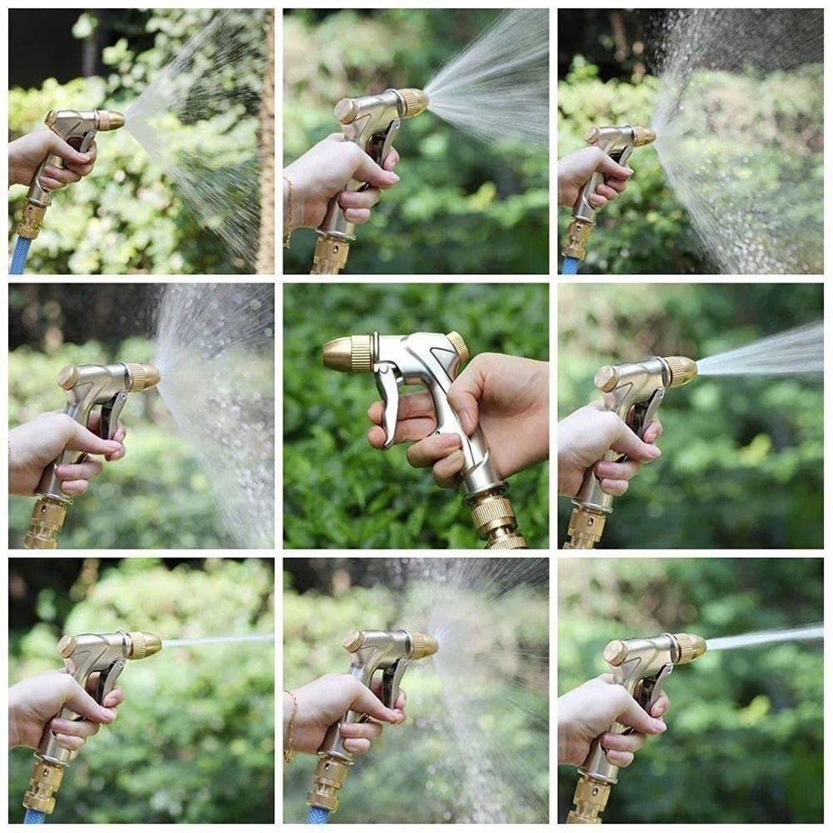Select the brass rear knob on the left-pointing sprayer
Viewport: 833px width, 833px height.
pyautogui.click(x=457, y=344)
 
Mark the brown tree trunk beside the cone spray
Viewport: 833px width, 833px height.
pyautogui.click(x=266, y=142)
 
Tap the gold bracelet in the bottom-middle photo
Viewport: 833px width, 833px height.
pyautogui.click(x=291, y=725)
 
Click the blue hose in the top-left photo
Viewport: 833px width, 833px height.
pyautogui.click(x=18, y=255)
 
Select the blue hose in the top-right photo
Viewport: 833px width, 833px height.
pyautogui.click(x=570, y=266)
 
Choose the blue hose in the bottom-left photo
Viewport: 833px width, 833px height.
pyautogui.click(x=33, y=816)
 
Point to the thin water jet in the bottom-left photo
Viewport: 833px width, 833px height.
pyautogui.click(x=217, y=641)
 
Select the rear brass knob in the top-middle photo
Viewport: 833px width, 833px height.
pyautogui.click(x=346, y=111)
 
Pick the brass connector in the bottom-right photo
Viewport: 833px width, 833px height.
pyautogui.click(x=589, y=801)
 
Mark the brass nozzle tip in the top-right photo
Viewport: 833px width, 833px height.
pyautogui.click(x=643, y=136)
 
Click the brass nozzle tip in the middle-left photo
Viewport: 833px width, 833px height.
pyautogui.click(x=144, y=377)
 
